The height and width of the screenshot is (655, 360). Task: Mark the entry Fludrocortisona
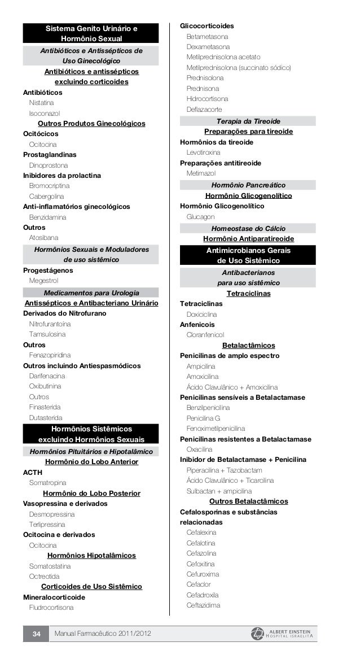click(51, 608)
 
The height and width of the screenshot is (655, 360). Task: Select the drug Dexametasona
click(208, 46)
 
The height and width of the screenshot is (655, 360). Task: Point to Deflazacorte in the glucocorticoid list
click(204, 109)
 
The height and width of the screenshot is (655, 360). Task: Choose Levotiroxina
click(204, 152)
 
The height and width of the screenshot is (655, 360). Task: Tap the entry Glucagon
click(200, 217)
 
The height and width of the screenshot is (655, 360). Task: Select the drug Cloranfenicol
click(205, 335)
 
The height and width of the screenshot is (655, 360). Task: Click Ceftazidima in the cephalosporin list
click(203, 605)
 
